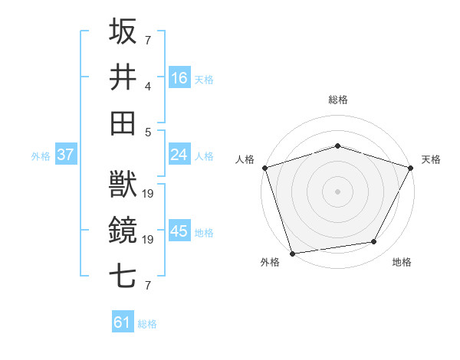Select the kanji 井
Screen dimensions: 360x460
[123, 77]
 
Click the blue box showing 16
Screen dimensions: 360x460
[179, 77]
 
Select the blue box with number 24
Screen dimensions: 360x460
[179, 155]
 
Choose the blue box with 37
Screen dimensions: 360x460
[65, 155]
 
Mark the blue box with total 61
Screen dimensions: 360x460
[123, 322]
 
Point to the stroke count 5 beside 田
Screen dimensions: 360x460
[148, 131]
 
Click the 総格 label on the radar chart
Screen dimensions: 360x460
[337, 100]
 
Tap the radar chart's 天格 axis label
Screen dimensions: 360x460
[431, 159]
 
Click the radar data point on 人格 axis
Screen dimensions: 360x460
[265, 168]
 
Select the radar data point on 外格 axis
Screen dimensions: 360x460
[293, 252]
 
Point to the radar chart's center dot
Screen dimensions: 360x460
[337, 191]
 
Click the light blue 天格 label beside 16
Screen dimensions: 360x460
[204, 79]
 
